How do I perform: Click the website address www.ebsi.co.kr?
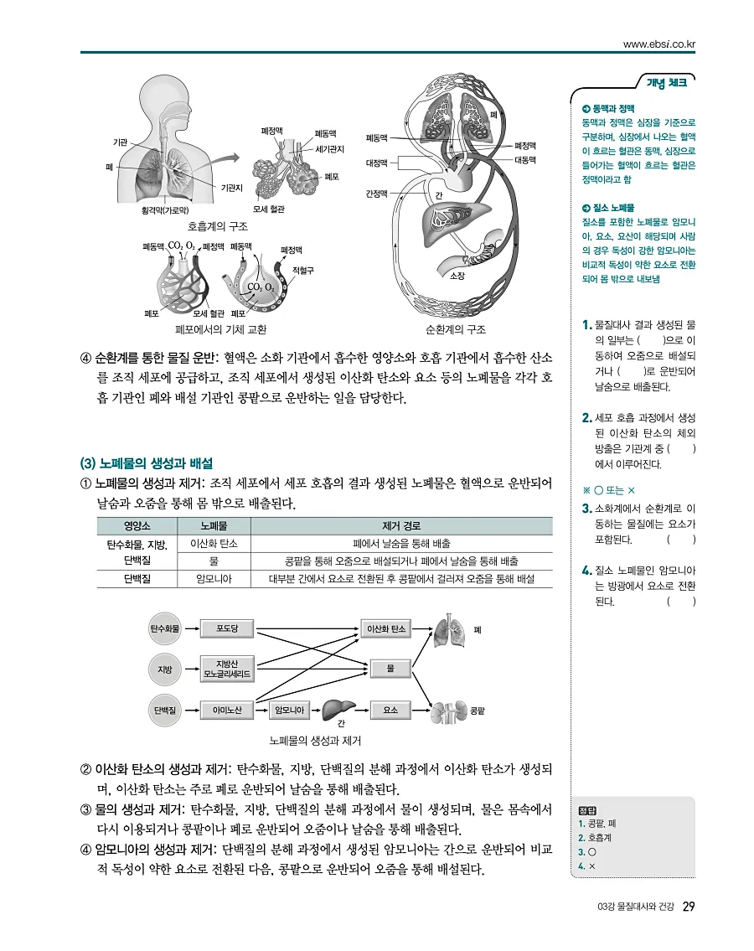click(659, 44)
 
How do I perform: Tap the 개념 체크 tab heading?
click(667, 83)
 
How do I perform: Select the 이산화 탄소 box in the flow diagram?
click(386, 628)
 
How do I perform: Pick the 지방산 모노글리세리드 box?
click(227, 669)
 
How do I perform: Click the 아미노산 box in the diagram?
click(227, 710)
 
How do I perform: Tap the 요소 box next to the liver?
click(390, 710)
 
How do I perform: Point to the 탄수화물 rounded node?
click(165, 628)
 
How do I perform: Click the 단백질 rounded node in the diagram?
click(165, 710)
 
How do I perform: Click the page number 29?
click(689, 907)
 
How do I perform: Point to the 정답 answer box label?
click(586, 810)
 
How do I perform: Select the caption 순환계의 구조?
click(456, 329)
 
